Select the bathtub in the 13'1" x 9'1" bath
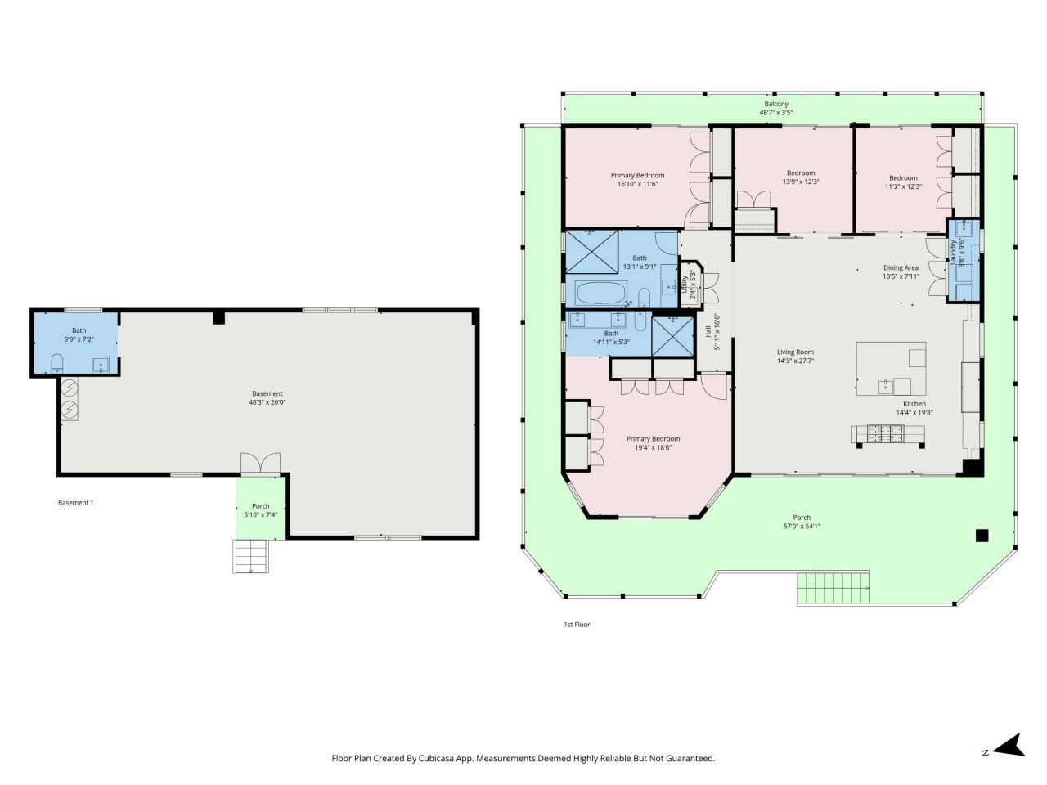601,294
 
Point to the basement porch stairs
251,556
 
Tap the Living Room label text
795,352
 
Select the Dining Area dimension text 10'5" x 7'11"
901,276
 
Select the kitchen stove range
887,436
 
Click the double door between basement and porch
260,464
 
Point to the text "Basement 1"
75,503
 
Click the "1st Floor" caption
577,625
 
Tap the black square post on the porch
982,536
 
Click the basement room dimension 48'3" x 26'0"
267,402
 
